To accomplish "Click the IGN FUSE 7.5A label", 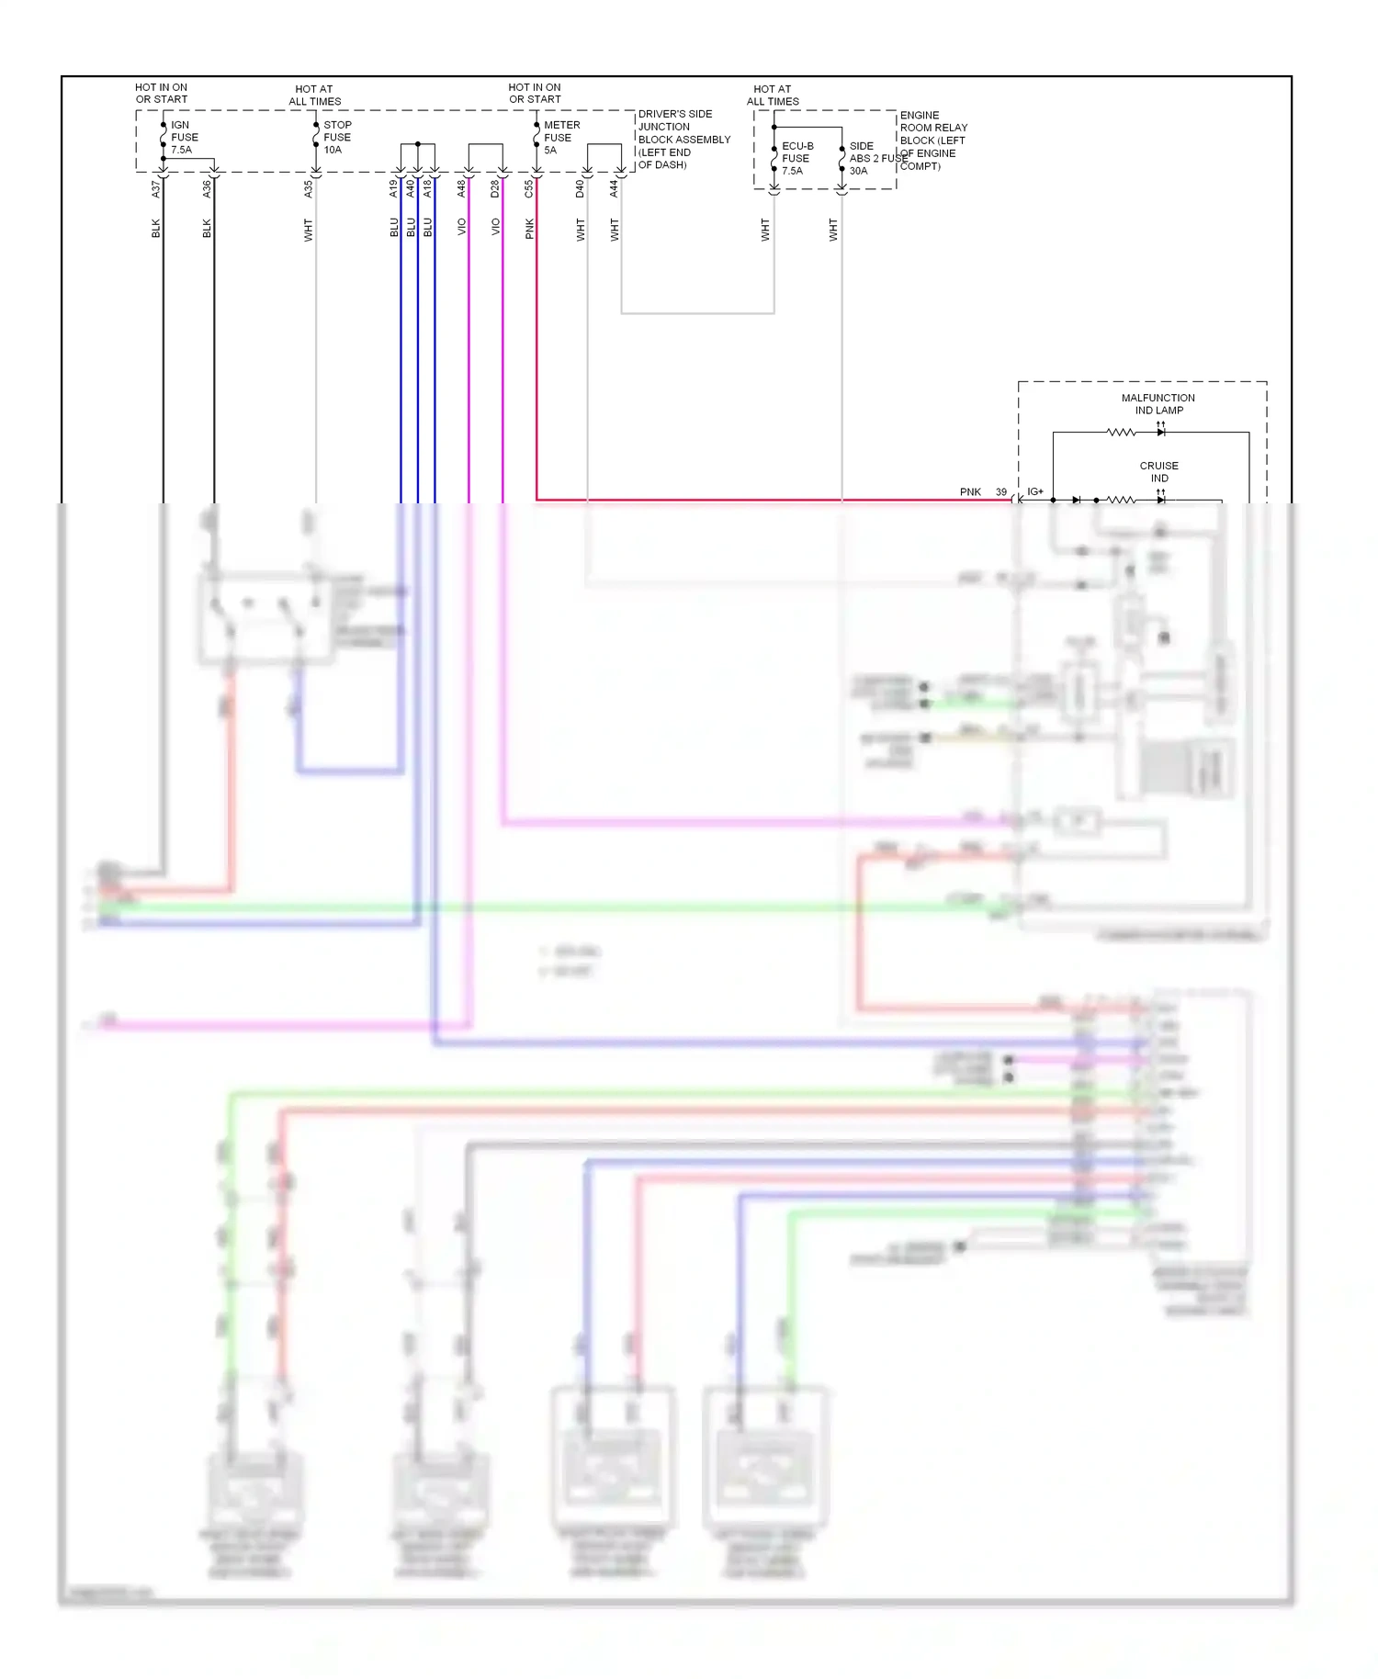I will pyautogui.click(x=184, y=137).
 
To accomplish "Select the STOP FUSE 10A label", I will pyautogui.click(x=336, y=137).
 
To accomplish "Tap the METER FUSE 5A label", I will pyautogui.click(x=560, y=137).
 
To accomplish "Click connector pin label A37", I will pyautogui.click(x=156, y=189).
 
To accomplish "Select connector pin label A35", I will pyautogui.click(x=309, y=189).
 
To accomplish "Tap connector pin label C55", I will pyautogui.click(x=529, y=189).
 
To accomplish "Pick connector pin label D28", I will pyautogui.click(x=495, y=189).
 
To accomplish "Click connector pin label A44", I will pyautogui.click(x=615, y=189).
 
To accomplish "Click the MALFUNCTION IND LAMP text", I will pyautogui.click(x=1158, y=404).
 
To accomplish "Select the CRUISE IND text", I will pyautogui.click(x=1158, y=471).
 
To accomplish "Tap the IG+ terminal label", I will pyautogui.click(x=1035, y=492).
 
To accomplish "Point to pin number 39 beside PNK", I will pyautogui.click(x=1001, y=492).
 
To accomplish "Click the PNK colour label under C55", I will pyautogui.click(x=530, y=229).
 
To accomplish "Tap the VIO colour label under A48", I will pyautogui.click(x=462, y=227).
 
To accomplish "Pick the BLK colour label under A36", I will pyautogui.click(x=207, y=229).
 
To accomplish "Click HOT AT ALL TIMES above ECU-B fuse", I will pyautogui.click(x=773, y=95).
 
